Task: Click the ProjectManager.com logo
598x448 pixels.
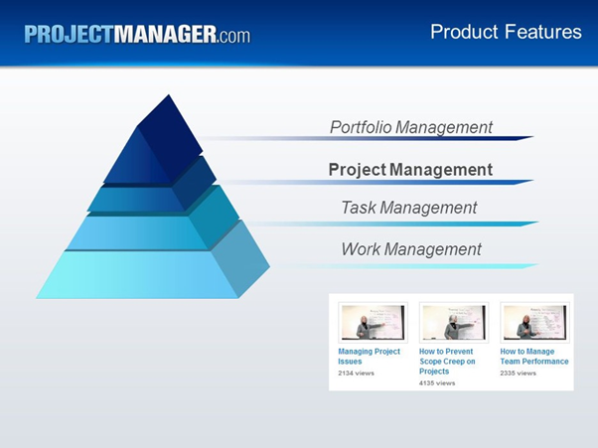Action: pyautogui.click(x=137, y=34)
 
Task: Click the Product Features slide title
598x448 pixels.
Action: pyautogui.click(x=506, y=32)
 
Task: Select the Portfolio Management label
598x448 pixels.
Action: pyautogui.click(x=410, y=127)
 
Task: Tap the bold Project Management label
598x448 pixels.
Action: pyautogui.click(x=410, y=170)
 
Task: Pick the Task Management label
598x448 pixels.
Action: pyautogui.click(x=408, y=208)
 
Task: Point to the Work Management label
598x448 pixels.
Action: pyautogui.click(x=410, y=249)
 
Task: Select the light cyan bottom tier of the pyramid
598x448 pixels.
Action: pyautogui.click(x=139, y=275)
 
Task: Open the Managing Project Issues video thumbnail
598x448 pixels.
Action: pyautogui.click(x=373, y=323)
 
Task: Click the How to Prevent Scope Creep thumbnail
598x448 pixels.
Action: pyautogui.click(x=454, y=323)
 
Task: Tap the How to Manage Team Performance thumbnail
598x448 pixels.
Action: pyautogui.click(x=534, y=323)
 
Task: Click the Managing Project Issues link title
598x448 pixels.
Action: pyautogui.click(x=369, y=356)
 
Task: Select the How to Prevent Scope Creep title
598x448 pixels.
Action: pyautogui.click(x=447, y=361)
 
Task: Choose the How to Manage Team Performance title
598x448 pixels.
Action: pyautogui.click(x=534, y=356)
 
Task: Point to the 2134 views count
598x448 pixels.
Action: pyautogui.click(x=356, y=373)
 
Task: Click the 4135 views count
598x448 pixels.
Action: pyautogui.click(x=437, y=383)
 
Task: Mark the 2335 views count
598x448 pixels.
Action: pyautogui.click(x=518, y=373)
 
